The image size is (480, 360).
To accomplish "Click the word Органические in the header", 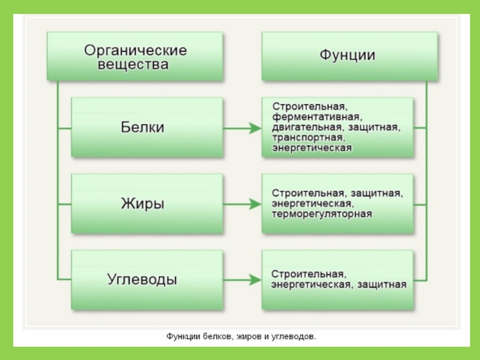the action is point(136,49).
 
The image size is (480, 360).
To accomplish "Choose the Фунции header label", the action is point(347,56).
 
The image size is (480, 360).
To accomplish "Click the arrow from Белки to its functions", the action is point(242,128).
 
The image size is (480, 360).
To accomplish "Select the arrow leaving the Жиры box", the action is point(242,204).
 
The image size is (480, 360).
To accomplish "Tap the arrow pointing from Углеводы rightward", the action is point(242,280).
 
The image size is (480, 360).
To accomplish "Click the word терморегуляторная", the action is point(322,213).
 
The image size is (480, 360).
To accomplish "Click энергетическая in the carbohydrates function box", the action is point(311,284).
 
